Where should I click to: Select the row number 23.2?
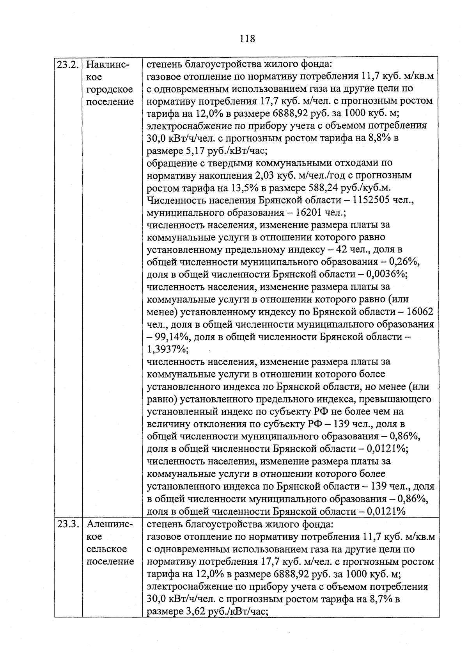(68, 64)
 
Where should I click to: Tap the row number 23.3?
(68, 524)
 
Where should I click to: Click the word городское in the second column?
(110, 89)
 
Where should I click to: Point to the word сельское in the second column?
(106, 549)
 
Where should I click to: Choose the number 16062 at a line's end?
(419, 312)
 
